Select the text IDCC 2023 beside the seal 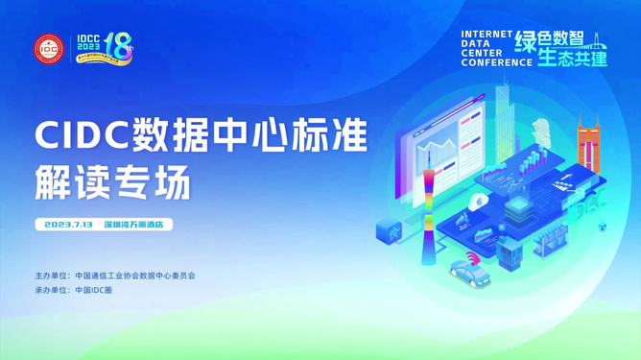(x=87, y=44)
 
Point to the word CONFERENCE (x=496, y=62)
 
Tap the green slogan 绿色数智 (x=549, y=39)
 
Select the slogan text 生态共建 (x=573, y=58)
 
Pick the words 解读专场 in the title (x=112, y=181)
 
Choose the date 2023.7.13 (x=68, y=225)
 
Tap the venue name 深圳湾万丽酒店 (x=133, y=225)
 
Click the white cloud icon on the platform (x=478, y=201)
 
